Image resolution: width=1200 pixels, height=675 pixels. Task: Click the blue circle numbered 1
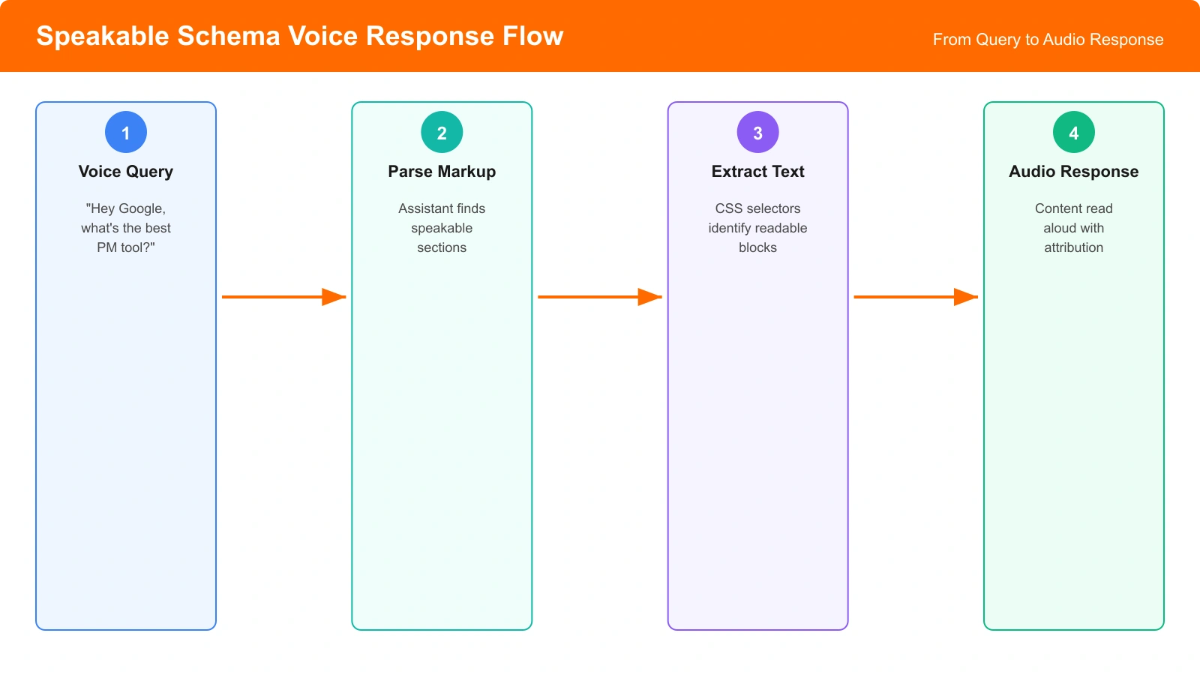(x=126, y=133)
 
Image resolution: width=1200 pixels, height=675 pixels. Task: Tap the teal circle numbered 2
(x=442, y=133)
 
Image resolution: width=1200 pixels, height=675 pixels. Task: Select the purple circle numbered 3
(x=757, y=133)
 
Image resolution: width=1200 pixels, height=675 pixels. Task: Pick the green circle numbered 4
(x=1073, y=133)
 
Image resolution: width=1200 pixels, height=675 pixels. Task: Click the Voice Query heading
(x=126, y=172)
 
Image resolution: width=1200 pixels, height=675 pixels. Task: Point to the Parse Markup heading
(x=442, y=172)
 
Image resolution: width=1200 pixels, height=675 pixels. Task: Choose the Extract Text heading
(x=757, y=172)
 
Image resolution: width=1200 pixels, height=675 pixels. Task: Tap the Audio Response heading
(x=1073, y=172)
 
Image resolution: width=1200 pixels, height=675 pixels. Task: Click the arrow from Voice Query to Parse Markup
(x=283, y=297)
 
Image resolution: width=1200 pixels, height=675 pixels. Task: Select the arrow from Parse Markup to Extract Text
(x=599, y=297)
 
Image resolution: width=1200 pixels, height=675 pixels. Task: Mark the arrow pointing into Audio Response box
(x=915, y=297)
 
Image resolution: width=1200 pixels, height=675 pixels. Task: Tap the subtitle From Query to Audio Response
(x=1048, y=40)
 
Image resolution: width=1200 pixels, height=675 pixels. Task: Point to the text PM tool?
(x=126, y=247)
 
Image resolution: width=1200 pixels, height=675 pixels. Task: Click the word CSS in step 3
(x=728, y=208)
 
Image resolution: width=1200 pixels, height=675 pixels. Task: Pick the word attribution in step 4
(x=1073, y=247)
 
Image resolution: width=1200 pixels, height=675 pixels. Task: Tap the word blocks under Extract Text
(x=757, y=247)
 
